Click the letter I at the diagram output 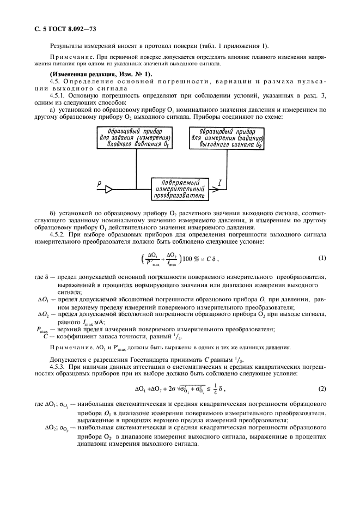[218, 185]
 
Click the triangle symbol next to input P [109, 189]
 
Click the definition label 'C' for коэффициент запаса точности [46, 336]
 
